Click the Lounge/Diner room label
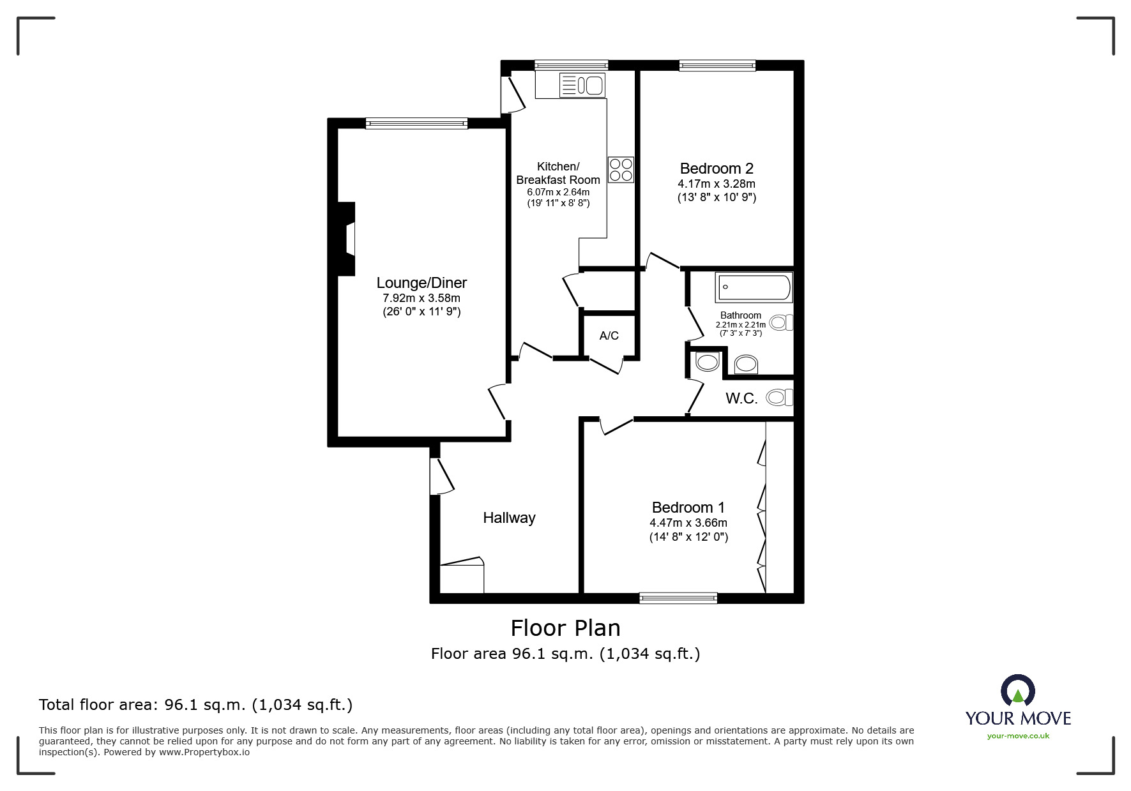(421, 283)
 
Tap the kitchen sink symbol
(582, 85)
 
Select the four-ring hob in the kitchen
(621, 170)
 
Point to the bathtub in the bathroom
(754, 287)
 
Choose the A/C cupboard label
(609, 336)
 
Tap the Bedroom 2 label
(717, 169)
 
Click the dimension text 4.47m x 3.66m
(688, 523)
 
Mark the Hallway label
(509, 518)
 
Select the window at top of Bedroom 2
(717, 64)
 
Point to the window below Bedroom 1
(678, 598)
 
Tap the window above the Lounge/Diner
(416, 123)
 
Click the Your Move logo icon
(1017, 691)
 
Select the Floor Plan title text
(565, 628)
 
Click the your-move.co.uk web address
(1018, 736)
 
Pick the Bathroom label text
(740, 315)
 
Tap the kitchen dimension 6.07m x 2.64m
(558, 192)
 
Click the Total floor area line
(195, 705)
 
